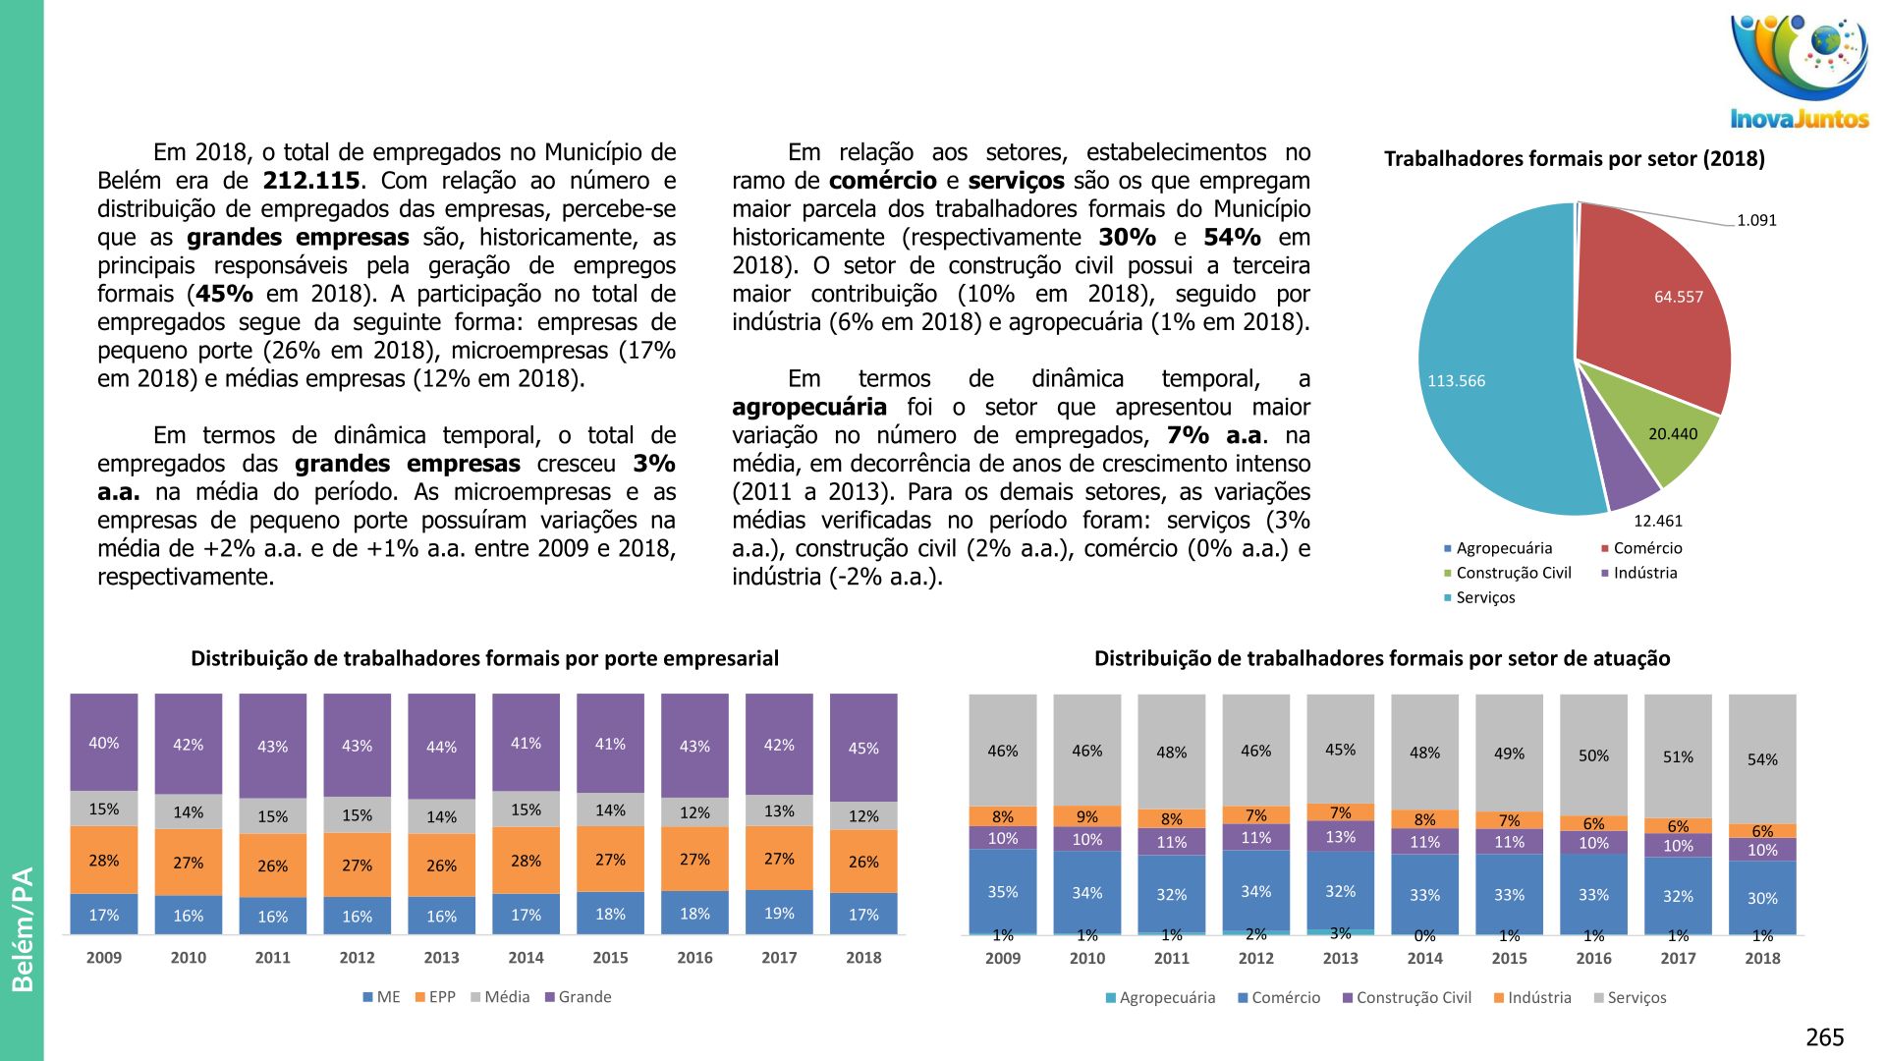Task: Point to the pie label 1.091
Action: click(1756, 220)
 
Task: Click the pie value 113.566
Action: click(1456, 381)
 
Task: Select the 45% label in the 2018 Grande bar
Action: click(863, 749)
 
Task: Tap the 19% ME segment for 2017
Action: click(779, 914)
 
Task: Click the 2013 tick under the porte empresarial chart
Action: click(441, 958)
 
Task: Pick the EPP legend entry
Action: click(436, 997)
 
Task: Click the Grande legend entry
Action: click(579, 997)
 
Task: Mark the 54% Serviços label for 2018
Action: click(1762, 759)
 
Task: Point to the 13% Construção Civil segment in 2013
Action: click(1340, 837)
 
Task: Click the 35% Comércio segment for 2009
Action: click(1002, 892)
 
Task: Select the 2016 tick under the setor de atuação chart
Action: click(1593, 959)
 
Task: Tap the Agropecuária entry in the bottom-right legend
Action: click(1161, 998)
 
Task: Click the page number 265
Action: click(1824, 1037)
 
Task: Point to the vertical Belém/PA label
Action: click(23, 929)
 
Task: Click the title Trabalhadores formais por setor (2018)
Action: click(1574, 159)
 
